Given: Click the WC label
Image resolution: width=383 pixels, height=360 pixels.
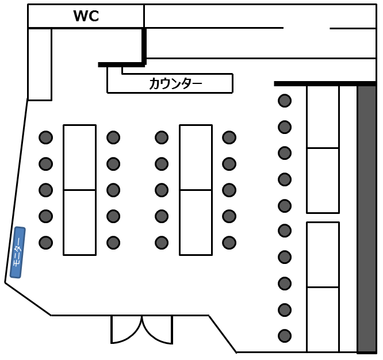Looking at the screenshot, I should point(86,17).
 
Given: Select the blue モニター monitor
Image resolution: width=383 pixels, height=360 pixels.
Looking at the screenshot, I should point(18,252).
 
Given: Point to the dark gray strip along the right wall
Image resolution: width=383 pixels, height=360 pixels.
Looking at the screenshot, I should point(366,219).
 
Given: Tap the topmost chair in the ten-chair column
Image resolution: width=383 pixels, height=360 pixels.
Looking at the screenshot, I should point(285,101).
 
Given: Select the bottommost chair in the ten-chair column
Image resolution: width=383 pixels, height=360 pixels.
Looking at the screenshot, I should point(285,335).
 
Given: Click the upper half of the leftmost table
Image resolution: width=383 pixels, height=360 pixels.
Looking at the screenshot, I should point(79,157).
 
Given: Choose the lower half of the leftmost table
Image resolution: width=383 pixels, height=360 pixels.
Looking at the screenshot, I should point(79,222).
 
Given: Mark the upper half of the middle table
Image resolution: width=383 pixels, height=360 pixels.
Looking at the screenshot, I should point(196,157).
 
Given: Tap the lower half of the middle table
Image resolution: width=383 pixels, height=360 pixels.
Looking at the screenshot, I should point(196,222).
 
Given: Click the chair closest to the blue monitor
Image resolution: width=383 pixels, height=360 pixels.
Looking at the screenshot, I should point(45,242).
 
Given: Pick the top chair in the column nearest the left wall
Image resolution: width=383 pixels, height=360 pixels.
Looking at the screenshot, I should point(45,137).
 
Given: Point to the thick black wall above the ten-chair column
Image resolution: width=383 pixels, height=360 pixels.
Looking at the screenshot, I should point(325,83).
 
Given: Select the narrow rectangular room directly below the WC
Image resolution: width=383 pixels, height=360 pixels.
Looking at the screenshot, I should point(40,64).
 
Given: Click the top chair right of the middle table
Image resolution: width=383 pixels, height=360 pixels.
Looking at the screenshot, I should point(229,137).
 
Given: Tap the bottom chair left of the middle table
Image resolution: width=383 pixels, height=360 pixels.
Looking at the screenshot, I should point(162,242).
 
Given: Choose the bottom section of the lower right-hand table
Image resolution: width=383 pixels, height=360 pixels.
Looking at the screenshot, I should point(323,319).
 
